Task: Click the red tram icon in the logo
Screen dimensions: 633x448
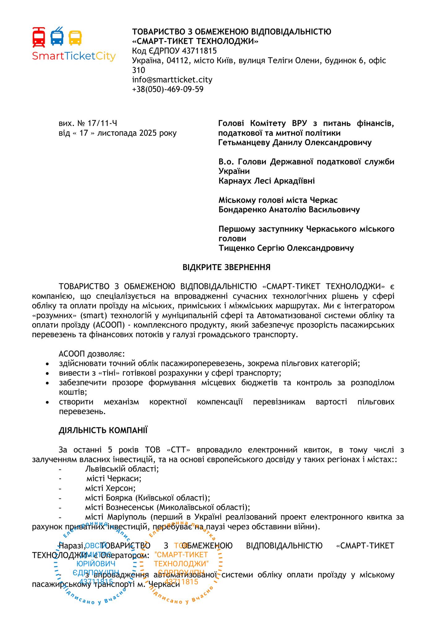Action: pos(39,37)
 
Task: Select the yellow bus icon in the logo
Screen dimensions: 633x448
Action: pos(75,38)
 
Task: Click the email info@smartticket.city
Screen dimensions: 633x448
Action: pos(172,80)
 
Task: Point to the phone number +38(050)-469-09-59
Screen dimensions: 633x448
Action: pos(168,89)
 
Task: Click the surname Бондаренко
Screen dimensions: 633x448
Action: pos(243,210)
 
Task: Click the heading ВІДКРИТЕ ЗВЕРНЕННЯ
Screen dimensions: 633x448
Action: pos(226,267)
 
